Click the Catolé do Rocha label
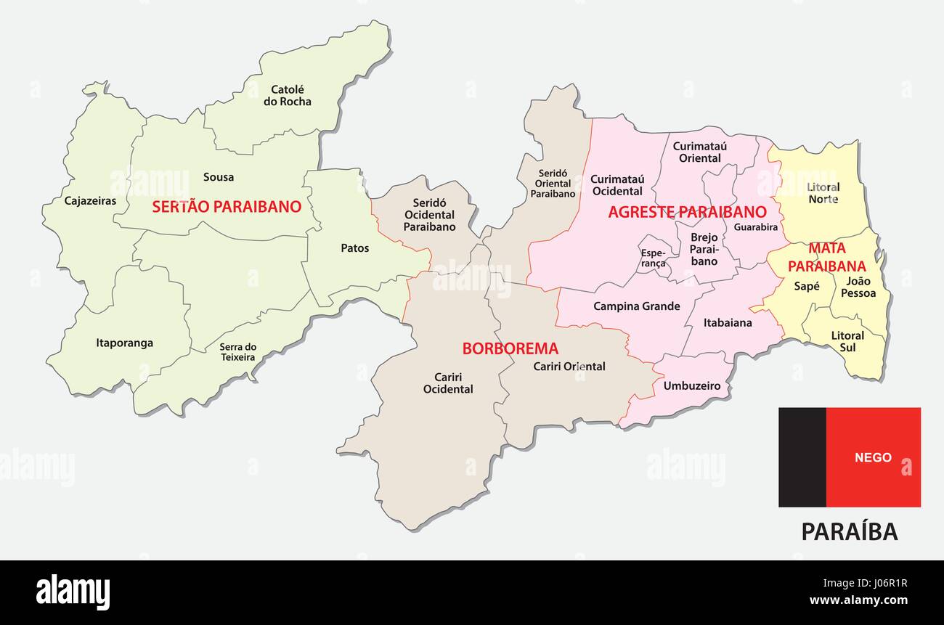pos(287,96)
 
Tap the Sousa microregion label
pos(219,177)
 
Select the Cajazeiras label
pos(90,201)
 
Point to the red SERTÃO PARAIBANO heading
pos(227,207)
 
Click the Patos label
pos(355,248)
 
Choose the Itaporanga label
pos(125,343)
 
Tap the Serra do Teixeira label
pos(238,352)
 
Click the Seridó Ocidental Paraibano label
pos(429,215)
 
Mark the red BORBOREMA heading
pos(510,348)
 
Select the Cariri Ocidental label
pos(448,383)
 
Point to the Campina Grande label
pos(637,306)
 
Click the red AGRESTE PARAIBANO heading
pos(687,212)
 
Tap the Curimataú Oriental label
pos(700,152)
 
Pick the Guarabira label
pos(756,227)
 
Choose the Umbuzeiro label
pos(692,386)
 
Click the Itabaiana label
pos(728,322)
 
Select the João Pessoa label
pos(858,287)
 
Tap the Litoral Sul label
pos(847,341)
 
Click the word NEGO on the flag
pos(873,458)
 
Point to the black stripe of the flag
pos(802,457)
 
